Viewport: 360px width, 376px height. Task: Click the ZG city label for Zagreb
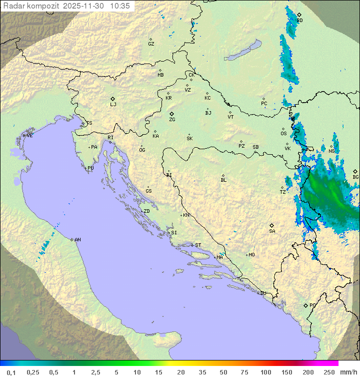click(x=172, y=120)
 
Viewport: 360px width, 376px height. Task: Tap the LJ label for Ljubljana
click(x=113, y=105)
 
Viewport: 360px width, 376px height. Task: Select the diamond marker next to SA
click(x=272, y=225)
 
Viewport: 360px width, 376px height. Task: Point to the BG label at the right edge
click(x=355, y=177)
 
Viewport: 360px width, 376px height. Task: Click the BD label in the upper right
click(x=299, y=21)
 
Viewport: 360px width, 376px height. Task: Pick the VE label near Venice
click(x=29, y=136)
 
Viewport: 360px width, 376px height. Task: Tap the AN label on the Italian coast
click(x=77, y=240)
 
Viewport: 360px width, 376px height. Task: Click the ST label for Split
click(x=198, y=245)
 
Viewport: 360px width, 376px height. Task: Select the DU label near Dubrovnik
click(x=262, y=293)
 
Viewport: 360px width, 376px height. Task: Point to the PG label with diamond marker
click(x=312, y=305)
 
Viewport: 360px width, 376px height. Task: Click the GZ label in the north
click(x=151, y=44)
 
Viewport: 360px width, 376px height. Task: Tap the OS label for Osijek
click(x=283, y=134)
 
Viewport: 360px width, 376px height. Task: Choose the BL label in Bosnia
click(x=223, y=180)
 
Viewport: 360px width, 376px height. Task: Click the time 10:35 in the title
click(x=120, y=6)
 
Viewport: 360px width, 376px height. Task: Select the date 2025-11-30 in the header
click(x=84, y=6)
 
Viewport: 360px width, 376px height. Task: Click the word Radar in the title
click(x=13, y=6)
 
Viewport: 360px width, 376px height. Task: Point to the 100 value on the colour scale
click(x=265, y=372)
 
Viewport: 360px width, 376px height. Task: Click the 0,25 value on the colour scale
click(x=33, y=372)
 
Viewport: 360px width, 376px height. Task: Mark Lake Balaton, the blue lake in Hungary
click(x=242, y=51)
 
